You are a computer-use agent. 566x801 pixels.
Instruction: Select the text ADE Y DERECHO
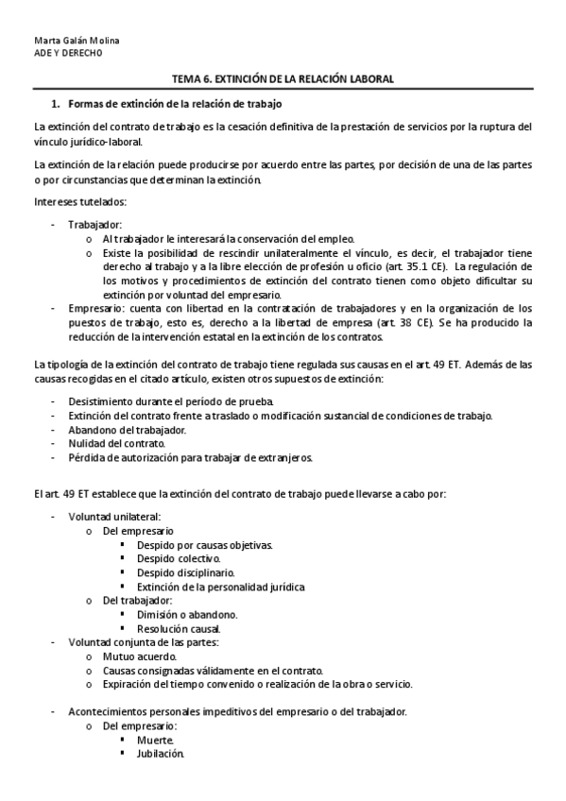click(x=67, y=54)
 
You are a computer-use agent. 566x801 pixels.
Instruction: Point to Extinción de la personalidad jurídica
click(x=220, y=587)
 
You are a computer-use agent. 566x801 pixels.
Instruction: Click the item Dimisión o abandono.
click(x=186, y=615)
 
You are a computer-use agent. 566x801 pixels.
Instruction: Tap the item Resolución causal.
click(x=179, y=628)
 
